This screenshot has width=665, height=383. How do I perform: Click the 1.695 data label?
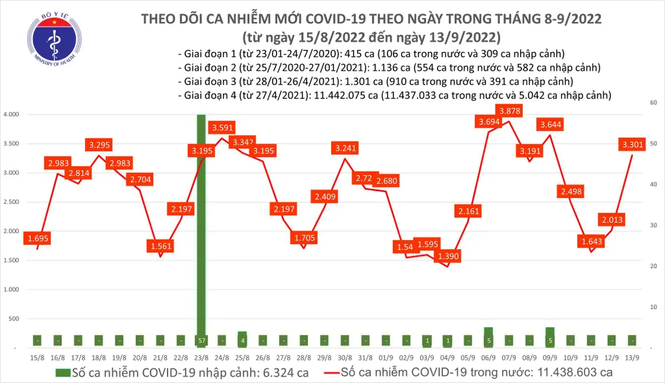pyautogui.click(x=37, y=237)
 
